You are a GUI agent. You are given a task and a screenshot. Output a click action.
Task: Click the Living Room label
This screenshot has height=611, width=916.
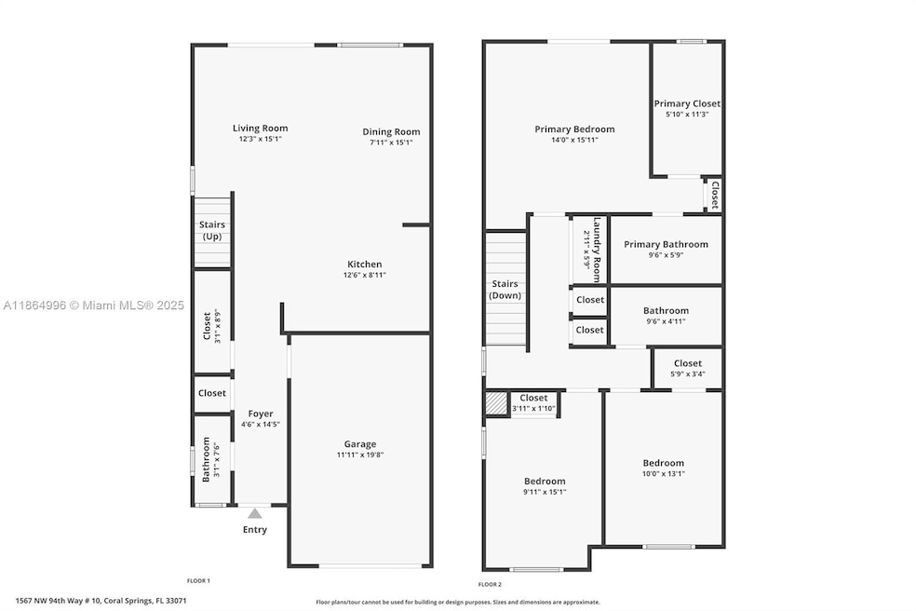[x=260, y=129]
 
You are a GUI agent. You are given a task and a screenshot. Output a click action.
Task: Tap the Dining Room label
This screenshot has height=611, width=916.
[x=391, y=132]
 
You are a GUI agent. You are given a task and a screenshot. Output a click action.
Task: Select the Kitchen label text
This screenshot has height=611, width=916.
[x=364, y=265]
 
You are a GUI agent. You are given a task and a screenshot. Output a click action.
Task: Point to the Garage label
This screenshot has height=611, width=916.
[x=360, y=444]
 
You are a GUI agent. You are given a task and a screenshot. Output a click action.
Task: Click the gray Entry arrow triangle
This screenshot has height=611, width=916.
[x=255, y=513]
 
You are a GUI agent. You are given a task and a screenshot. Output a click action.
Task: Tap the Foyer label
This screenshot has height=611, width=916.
[x=261, y=414]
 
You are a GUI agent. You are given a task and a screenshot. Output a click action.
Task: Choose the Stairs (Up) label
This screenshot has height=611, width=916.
[x=212, y=230]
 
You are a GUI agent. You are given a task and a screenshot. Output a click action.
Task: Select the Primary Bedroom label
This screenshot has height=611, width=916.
[x=574, y=129]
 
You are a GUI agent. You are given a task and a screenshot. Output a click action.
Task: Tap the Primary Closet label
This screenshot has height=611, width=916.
[x=687, y=104]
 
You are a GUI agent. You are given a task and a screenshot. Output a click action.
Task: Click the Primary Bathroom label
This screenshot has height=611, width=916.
[x=666, y=245]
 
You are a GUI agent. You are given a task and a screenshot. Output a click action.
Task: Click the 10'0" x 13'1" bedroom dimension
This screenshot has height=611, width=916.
[x=663, y=473]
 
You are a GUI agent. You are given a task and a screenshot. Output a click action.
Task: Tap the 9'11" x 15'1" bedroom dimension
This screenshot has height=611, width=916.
[x=544, y=492]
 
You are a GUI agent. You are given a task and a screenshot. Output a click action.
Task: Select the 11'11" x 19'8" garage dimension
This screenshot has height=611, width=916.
[x=360, y=455]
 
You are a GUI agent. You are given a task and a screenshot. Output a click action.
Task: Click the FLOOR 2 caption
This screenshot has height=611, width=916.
[x=490, y=584]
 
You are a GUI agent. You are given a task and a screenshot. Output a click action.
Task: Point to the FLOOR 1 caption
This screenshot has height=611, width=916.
[x=198, y=580]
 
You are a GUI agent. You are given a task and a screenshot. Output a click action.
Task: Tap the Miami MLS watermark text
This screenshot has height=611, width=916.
[x=94, y=305]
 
